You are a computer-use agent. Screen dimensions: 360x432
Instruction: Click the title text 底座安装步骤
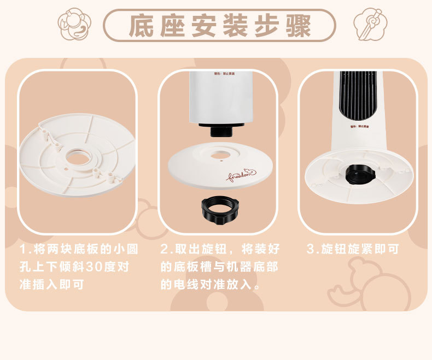[x=219, y=26]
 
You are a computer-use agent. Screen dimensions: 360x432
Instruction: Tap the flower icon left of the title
[x=75, y=24]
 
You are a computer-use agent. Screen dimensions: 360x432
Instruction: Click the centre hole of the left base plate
[x=77, y=158]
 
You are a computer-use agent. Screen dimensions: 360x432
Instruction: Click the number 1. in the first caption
[x=25, y=250]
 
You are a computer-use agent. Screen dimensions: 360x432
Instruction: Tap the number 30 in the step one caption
[x=94, y=268]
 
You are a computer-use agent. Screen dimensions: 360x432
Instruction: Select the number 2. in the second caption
[x=166, y=250]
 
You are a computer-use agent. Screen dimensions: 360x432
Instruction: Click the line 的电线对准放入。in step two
[x=210, y=285]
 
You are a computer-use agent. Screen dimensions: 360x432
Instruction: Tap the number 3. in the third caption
[x=312, y=250]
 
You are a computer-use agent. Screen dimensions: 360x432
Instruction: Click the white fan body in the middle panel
[x=221, y=98]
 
